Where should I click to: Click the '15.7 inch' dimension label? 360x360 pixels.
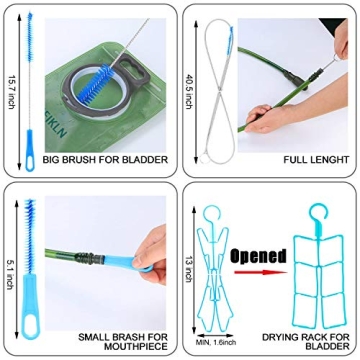tap(10, 92)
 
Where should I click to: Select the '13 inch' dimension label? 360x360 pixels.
tap(189, 269)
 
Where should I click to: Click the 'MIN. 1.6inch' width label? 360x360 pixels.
tap(216, 343)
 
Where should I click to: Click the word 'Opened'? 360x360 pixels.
tap(258, 257)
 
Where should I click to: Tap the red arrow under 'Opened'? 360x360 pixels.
tap(260, 272)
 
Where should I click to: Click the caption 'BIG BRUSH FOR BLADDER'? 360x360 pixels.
tap(105, 160)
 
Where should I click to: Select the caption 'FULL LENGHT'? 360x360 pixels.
tap(316, 160)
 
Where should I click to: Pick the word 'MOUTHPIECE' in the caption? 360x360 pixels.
tap(136, 347)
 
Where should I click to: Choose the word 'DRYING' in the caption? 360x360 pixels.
tap(281, 337)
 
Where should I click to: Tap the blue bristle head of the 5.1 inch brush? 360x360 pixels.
tap(30, 235)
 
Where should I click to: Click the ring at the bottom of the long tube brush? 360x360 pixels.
tap(204, 159)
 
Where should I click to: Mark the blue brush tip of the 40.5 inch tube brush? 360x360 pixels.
tap(231, 38)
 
